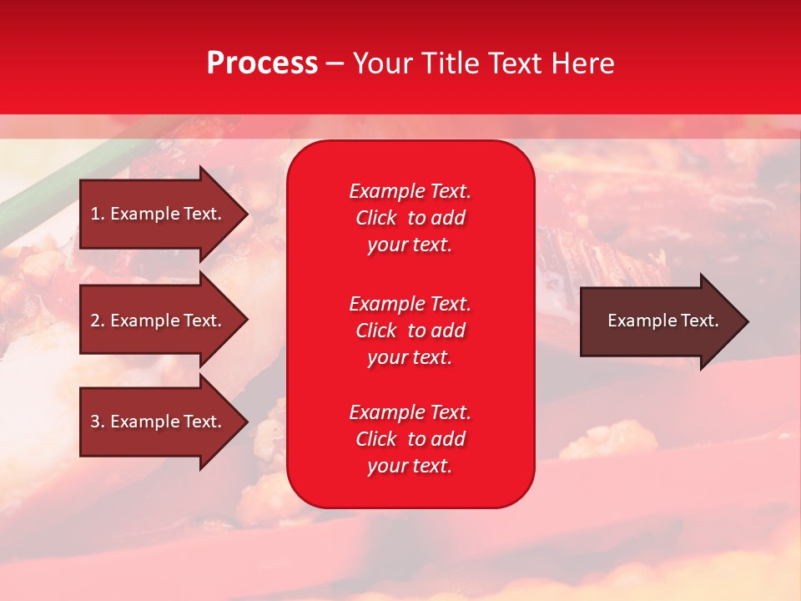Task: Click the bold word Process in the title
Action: (262, 63)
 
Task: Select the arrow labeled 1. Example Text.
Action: (156, 214)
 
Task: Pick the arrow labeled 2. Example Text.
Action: (156, 321)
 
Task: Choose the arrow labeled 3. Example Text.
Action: (156, 422)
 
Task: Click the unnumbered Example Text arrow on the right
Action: (662, 321)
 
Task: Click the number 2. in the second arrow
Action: (98, 321)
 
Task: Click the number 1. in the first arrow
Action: (98, 214)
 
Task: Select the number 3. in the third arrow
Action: (98, 422)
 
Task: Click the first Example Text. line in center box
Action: (410, 191)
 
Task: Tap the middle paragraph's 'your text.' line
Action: (410, 357)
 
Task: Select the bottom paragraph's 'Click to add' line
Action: (410, 439)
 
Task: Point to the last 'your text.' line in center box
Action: (410, 466)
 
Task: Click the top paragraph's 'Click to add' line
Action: (410, 218)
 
